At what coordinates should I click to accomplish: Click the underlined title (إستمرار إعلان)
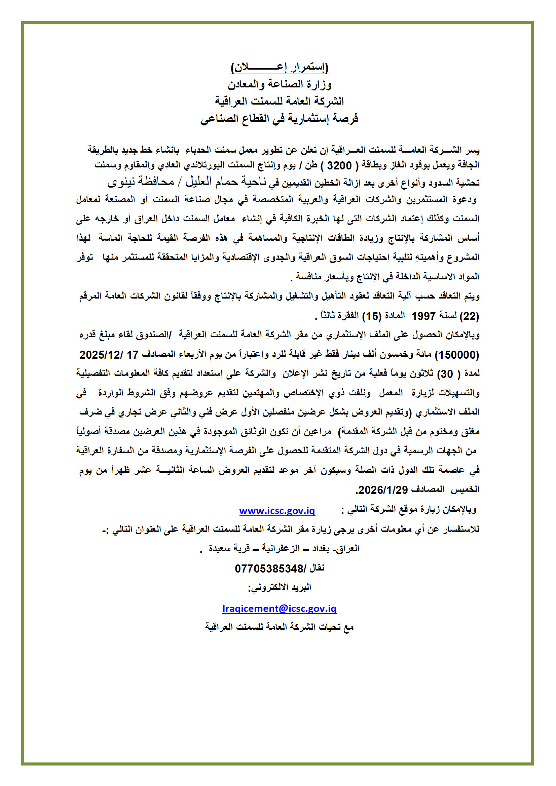pyautogui.click(x=280, y=68)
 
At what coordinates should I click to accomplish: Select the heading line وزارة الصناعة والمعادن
pyautogui.click(x=280, y=84)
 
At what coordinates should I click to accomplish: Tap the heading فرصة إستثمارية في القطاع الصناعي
pyautogui.click(x=279, y=118)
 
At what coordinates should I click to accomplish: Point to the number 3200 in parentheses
pyautogui.click(x=339, y=166)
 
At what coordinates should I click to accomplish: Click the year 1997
pyautogui.click(x=423, y=316)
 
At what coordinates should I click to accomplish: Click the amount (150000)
pyautogui.click(x=457, y=355)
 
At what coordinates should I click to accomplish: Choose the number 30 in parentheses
pyautogui.click(x=447, y=374)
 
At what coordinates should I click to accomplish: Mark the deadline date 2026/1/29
pyautogui.click(x=382, y=490)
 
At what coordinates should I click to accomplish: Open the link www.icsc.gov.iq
pyautogui.click(x=277, y=511)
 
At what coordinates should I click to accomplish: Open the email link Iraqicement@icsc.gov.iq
pyautogui.click(x=279, y=609)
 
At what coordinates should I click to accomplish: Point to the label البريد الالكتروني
pyautogui.click(x=280, y=587)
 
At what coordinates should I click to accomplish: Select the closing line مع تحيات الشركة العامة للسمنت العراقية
pyautogui.click(x=279, y=627)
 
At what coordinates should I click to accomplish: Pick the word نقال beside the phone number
pyautogui.click(x=317, y=568)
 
